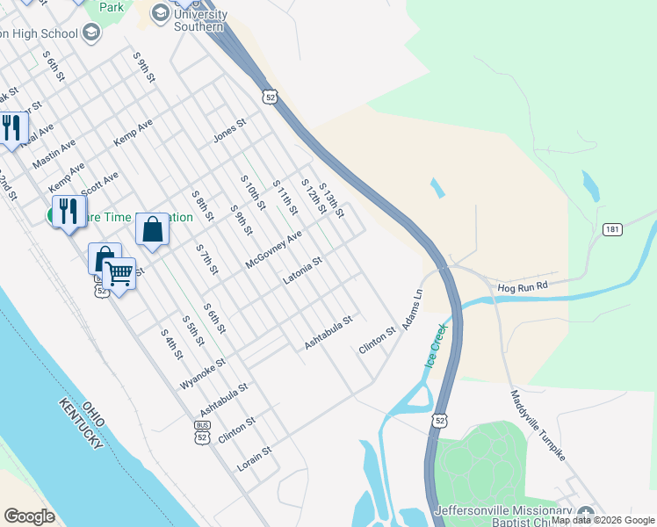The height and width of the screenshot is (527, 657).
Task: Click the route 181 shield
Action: (x=612, y=229)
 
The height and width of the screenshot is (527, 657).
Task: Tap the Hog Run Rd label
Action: (x=522, y=286)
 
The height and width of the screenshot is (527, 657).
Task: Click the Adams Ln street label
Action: (x=413, y=310)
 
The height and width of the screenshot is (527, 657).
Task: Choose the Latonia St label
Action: (x=303, y=271)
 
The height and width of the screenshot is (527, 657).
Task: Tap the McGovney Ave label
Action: (x=274, y=249)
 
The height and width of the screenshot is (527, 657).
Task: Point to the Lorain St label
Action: (x=255, y=458)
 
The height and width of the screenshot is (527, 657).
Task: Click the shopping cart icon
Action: (x=119, y=275)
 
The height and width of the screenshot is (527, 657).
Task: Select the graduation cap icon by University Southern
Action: (x=160, y=12)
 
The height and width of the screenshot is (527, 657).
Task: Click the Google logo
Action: (x=29, y=516)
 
